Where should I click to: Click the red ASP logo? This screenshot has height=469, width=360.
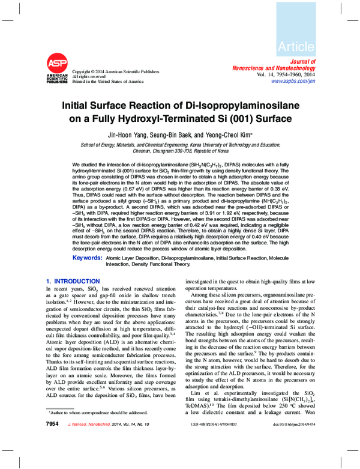tap(57, 63)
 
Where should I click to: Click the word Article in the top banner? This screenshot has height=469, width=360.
tap(296, 46)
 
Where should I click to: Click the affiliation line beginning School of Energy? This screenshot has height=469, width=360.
tap(180, 145)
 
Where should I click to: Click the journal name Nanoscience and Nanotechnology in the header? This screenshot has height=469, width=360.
tap(284, 68)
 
